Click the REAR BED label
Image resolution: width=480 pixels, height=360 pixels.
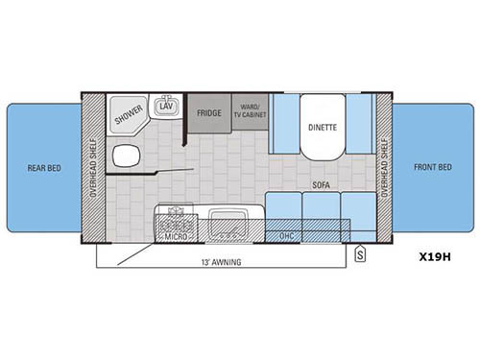tap(39, 167)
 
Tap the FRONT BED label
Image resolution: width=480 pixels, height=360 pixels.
tap(436, 167)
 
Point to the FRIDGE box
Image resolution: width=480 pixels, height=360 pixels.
tap(209, 112)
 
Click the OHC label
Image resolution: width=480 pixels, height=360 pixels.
tap(284, 235)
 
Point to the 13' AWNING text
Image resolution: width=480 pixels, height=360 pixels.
tap(222, 261)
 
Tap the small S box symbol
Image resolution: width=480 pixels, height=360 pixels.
tap(359, 254)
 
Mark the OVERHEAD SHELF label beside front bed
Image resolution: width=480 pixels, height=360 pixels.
tap(384, 168)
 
